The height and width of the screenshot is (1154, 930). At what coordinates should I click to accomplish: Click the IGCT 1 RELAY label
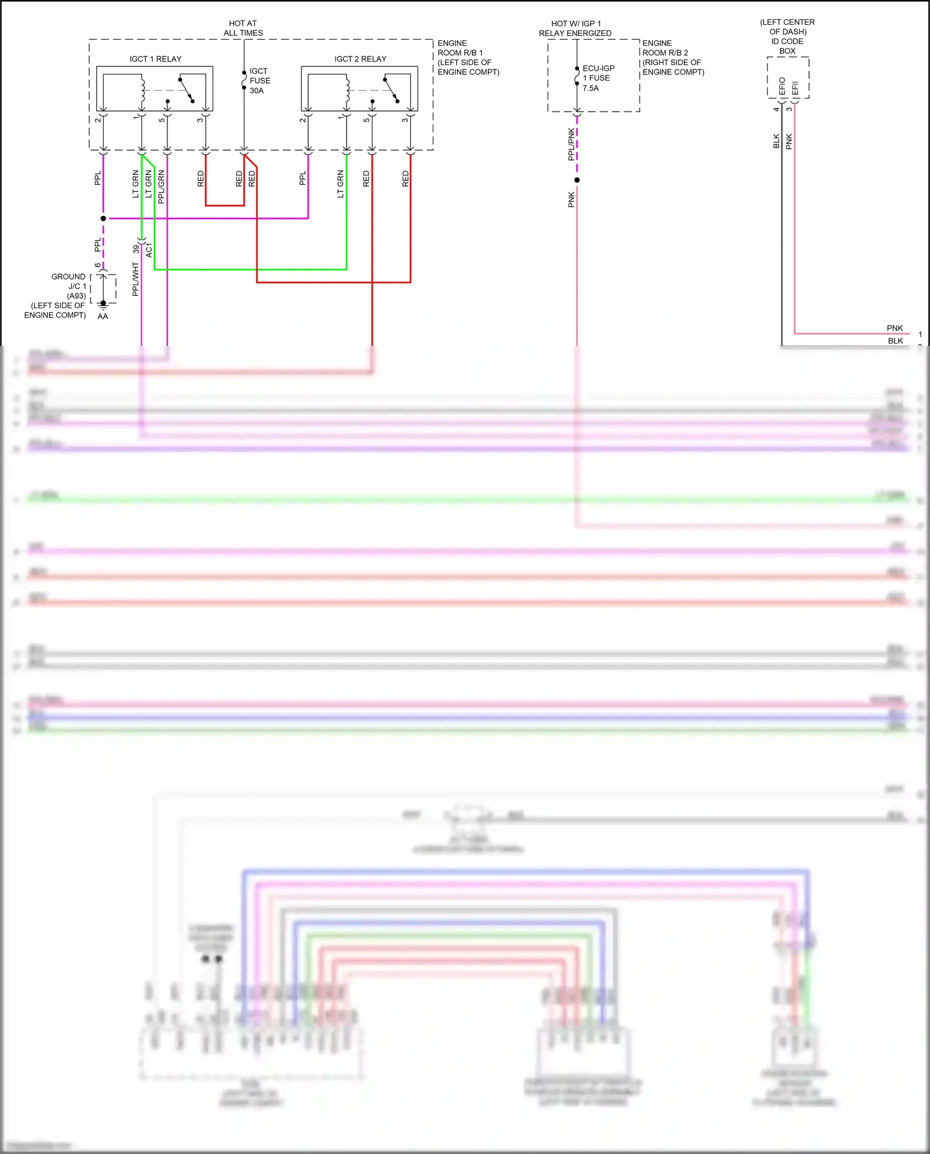click(155, 59)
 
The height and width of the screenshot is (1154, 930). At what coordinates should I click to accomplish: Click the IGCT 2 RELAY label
click(360, 59)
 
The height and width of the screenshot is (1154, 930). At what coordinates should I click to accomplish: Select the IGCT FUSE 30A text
click(259, 81)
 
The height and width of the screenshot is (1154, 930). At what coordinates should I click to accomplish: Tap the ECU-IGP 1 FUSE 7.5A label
click(598, 78)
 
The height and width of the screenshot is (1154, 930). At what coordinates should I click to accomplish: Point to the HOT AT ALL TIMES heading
click(243, 28)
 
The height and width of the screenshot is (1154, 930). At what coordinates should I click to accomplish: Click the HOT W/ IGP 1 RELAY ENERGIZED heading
click(575, 28)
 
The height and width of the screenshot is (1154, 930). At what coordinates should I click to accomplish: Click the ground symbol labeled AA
click(103, 305)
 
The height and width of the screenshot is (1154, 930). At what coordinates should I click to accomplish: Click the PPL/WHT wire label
click(136, 278)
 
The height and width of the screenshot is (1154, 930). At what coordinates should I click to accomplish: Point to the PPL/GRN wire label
click(161, 186)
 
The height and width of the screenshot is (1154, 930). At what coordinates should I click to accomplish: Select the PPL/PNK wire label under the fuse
click(571, 144)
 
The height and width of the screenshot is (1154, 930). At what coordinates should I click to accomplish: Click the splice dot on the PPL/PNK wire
click(577, 180)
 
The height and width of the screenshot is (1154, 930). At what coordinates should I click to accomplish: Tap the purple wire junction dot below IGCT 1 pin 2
click(103, 218)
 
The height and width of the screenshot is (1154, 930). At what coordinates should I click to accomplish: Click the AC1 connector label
click(149, 251)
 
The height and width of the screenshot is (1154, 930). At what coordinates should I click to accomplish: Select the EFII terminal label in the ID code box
click(795, 88)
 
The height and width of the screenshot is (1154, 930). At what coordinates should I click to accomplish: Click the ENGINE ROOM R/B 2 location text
click(673, 58)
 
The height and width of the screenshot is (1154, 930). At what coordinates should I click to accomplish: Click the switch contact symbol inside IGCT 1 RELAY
click(186, 90)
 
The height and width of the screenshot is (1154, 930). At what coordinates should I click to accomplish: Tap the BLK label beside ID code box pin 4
click(776, 141)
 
